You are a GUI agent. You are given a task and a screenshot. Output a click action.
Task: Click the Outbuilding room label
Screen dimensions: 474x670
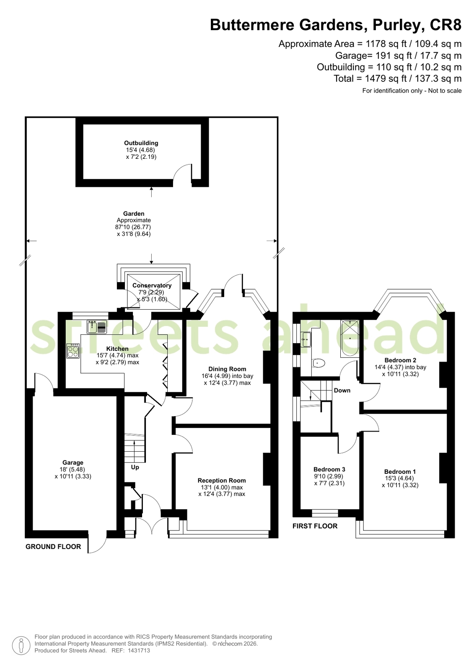tap(141, 143)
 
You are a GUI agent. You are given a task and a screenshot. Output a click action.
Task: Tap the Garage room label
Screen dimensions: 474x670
tap(73, 463)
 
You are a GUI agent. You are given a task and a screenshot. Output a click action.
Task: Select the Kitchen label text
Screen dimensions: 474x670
tap(117, 349)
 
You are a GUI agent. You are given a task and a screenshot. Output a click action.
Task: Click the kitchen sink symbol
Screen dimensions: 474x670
tap(97, 327)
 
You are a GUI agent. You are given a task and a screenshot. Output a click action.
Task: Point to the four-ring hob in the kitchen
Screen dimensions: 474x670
tap(73, 351)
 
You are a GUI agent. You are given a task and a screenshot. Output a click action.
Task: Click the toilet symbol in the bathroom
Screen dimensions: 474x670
tap(319, 363)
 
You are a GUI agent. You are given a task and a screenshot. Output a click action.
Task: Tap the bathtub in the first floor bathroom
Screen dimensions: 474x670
tap(350, 338)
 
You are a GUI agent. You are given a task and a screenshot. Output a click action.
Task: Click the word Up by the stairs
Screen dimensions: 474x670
tap(135, 467)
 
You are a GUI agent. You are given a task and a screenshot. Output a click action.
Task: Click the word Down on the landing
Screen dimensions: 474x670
tap(342, 391)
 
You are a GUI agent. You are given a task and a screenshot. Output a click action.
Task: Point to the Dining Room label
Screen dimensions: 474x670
tap(228, 369)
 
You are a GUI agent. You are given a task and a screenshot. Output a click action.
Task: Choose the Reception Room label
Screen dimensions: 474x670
tap(222, 480)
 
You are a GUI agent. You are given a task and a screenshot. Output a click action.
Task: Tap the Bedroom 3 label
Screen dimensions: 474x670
tap(329, 469)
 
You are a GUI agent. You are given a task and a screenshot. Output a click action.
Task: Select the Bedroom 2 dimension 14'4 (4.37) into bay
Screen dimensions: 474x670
tap(400, 367)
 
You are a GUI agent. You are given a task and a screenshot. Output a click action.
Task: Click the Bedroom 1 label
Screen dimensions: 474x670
tap(400, 472)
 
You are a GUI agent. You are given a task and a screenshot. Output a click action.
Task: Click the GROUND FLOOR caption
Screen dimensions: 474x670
tap(53, 547)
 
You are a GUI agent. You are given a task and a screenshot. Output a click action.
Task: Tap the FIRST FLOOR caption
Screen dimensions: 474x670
tap(315, 526)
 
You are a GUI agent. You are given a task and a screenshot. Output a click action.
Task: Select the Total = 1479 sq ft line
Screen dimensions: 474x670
tap(398, 79)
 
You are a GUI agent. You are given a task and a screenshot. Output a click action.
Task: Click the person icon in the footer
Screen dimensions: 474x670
tap(21, 645)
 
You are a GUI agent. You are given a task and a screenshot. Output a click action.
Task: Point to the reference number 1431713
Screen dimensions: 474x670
tap(139, 651)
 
